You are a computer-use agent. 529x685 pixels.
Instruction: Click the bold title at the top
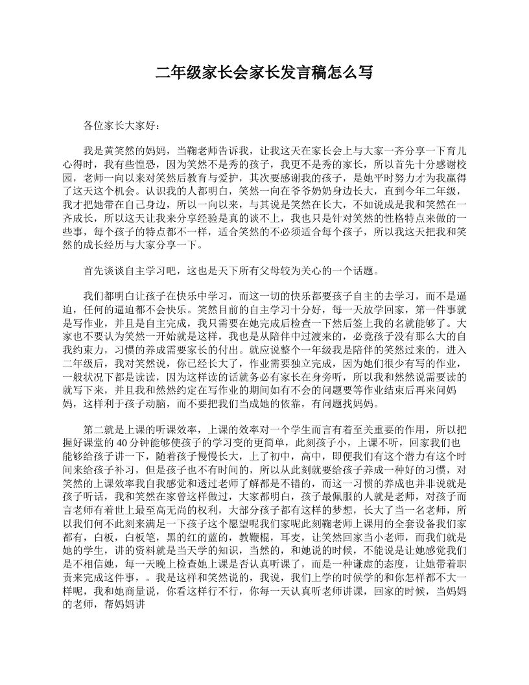click(x=264, y=72)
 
